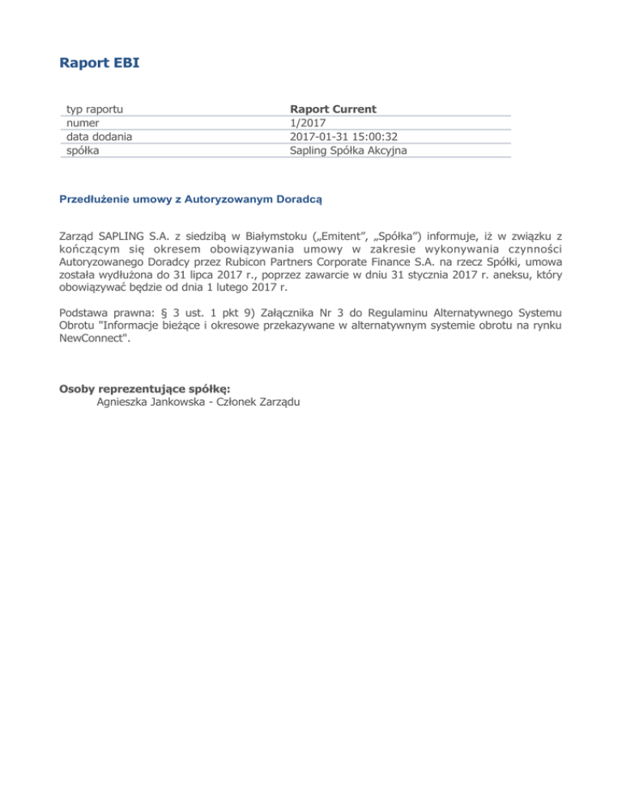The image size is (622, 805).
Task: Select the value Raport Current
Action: (x=333, y=109)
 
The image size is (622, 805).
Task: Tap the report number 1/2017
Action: (x=307, y=122)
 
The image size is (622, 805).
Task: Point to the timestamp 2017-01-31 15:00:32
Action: (x=343, y=136)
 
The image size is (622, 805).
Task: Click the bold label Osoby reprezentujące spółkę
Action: (x=145, y=388)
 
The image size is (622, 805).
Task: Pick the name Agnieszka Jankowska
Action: (x=149, y=402)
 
